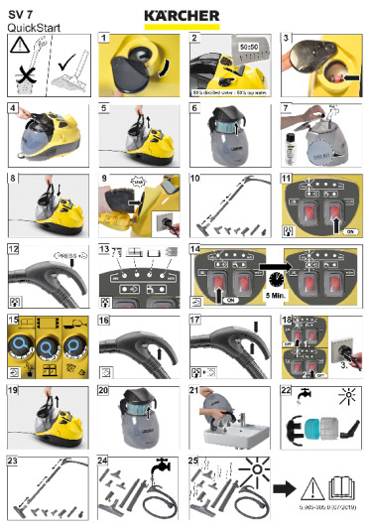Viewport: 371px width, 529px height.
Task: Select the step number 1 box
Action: coord(104,37)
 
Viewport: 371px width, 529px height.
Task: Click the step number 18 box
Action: coord(285,321)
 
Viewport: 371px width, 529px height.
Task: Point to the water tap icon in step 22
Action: coord(300,398)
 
